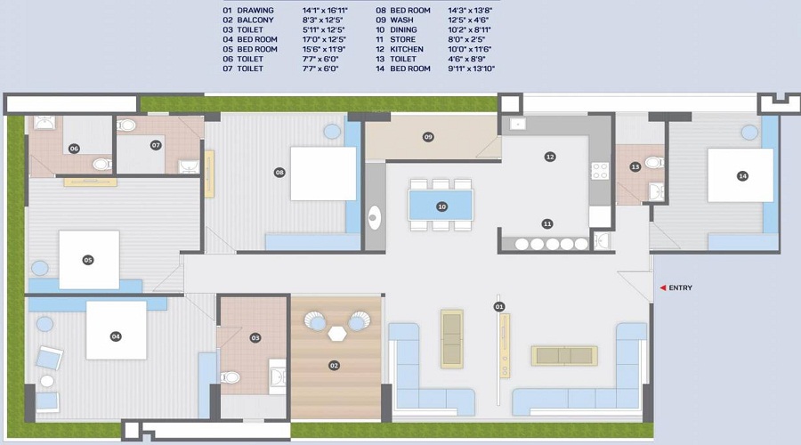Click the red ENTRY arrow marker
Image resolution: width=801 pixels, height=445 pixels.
662,287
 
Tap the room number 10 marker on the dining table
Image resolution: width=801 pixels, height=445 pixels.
441,206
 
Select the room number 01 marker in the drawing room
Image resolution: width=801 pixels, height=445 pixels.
498,306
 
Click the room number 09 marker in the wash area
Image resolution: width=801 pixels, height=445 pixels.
428,137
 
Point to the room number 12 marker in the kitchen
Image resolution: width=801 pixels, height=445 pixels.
550,157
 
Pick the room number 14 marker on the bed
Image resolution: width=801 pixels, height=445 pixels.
742,176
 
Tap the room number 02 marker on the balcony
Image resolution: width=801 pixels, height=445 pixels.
335,365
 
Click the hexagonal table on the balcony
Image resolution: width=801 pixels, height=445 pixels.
337,332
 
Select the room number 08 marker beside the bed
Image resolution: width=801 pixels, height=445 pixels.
279,172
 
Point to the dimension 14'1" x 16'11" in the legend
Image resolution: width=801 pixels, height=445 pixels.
325,11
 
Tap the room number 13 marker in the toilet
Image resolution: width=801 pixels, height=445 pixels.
635,167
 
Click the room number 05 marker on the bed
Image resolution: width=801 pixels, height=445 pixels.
88,260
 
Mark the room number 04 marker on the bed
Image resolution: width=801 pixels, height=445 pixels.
116,336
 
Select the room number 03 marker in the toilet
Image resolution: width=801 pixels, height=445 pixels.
255,337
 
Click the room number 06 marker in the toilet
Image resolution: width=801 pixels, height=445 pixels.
75,149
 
